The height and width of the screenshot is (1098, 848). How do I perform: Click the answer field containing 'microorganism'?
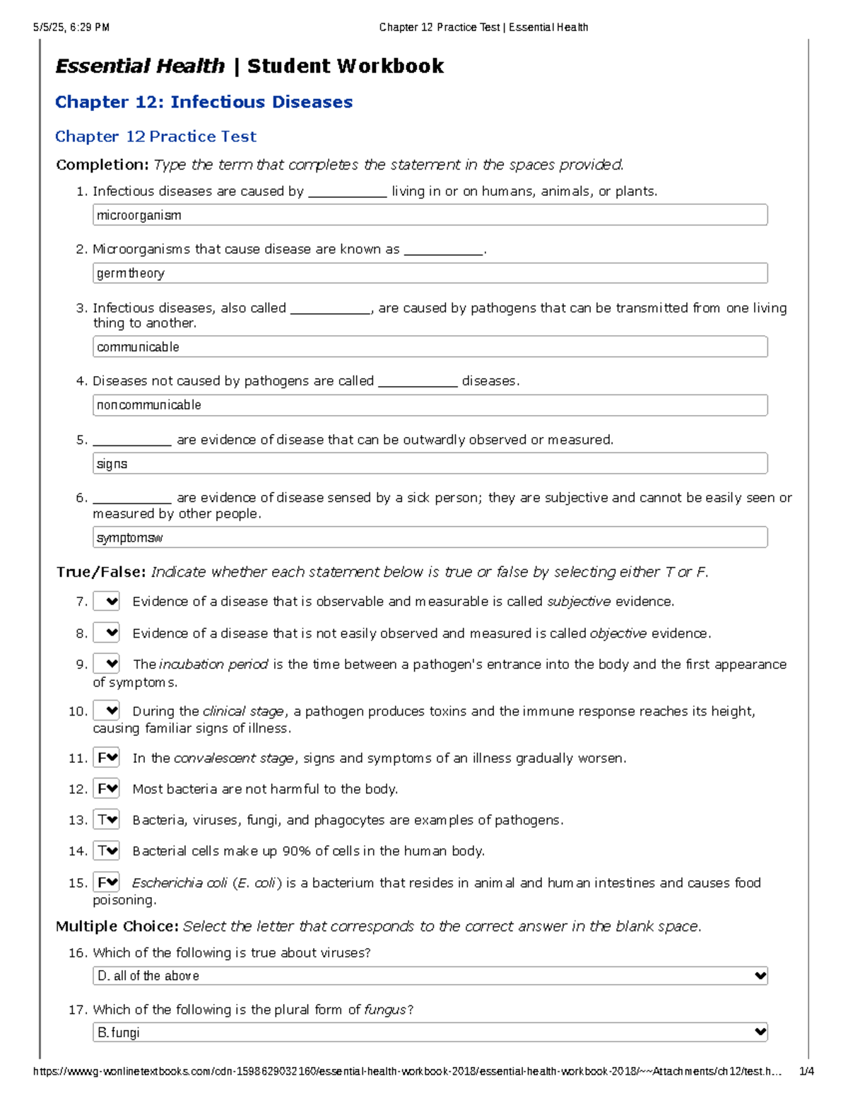coord(430,216)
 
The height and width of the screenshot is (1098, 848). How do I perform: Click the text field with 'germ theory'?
coord(430,274)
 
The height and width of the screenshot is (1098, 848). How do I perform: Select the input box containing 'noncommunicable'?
coord(430,405)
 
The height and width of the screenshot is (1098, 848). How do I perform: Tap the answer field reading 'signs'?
coord(430,464)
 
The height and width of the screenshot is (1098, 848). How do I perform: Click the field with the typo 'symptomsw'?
coord(430,538)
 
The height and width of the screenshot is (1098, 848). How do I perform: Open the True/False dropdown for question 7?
coord(107,602)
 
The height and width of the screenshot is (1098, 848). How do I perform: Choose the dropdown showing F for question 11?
coord(107,758)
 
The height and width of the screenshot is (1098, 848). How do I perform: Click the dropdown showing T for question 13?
coord(107,820)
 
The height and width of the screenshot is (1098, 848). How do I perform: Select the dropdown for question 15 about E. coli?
coord(107,882)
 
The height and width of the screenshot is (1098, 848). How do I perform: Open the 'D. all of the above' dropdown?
coord(430,976)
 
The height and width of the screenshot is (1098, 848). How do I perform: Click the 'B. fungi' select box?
coord(430,1032)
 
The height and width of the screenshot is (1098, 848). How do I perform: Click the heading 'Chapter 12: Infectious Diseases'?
coord(204,103)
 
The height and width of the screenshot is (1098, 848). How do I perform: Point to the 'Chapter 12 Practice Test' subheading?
coord(155,136)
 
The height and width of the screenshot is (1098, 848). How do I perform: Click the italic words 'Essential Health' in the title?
coord(140,66)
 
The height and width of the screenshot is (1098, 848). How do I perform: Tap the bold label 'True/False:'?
coord(101,572)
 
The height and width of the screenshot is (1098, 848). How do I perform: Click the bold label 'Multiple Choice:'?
coord(117,926)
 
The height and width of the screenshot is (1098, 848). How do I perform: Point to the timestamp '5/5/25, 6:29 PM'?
coord(71,28)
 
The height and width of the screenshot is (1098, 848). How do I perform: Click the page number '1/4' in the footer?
coord(806,1071)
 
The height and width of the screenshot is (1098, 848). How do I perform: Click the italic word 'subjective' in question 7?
coord(579,602)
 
